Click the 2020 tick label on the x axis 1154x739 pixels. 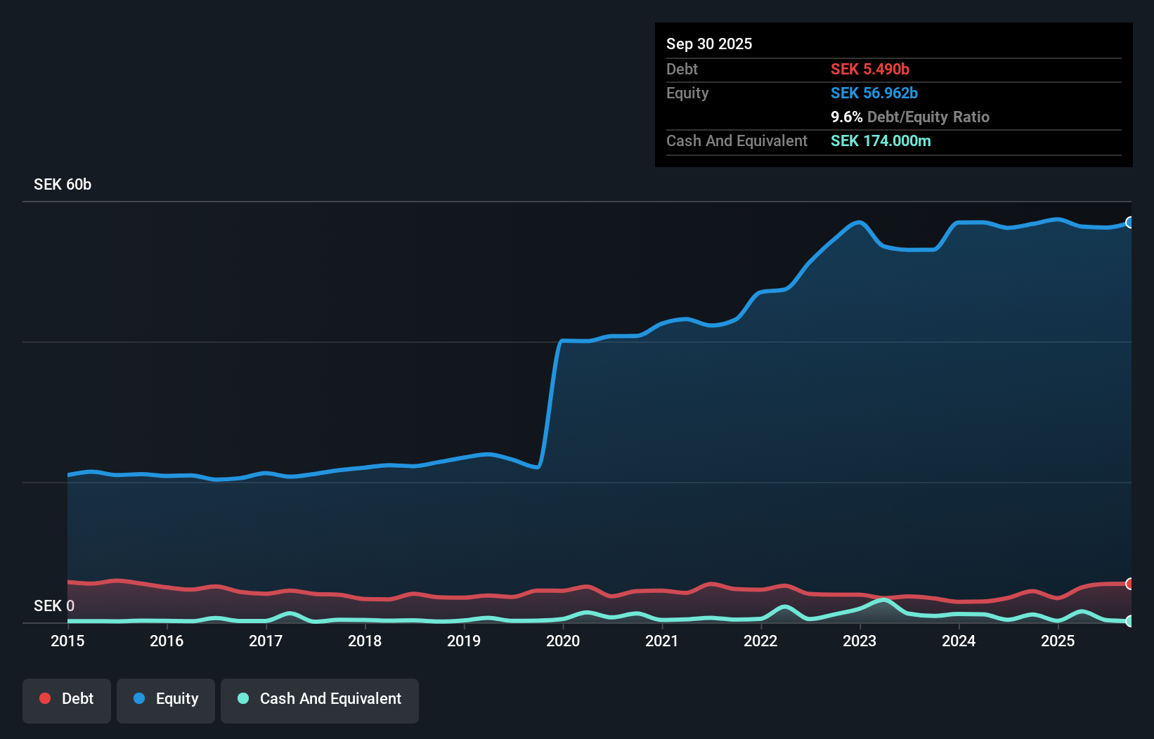[562, 641]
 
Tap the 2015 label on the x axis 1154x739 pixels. [67, 641]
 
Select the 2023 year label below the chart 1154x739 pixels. [860, 641]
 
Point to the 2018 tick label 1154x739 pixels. [365, 641]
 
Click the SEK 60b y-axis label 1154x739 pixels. [63, 184]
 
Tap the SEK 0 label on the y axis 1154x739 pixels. [54, 606]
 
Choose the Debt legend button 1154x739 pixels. [67, 699]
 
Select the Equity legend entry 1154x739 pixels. [166, 699]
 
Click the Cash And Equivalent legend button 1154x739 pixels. [320, 699]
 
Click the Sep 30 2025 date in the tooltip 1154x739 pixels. [709, 44]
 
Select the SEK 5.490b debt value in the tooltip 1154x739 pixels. [870, 69]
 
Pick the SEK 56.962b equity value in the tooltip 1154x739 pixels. [874, 93]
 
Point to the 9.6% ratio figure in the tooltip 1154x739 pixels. [846, 117]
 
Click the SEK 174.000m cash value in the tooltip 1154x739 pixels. [881, 140]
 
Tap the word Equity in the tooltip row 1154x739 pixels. [687, 93]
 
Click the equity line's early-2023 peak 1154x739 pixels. [858, 222]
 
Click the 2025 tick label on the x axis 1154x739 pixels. [1057, 641]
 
